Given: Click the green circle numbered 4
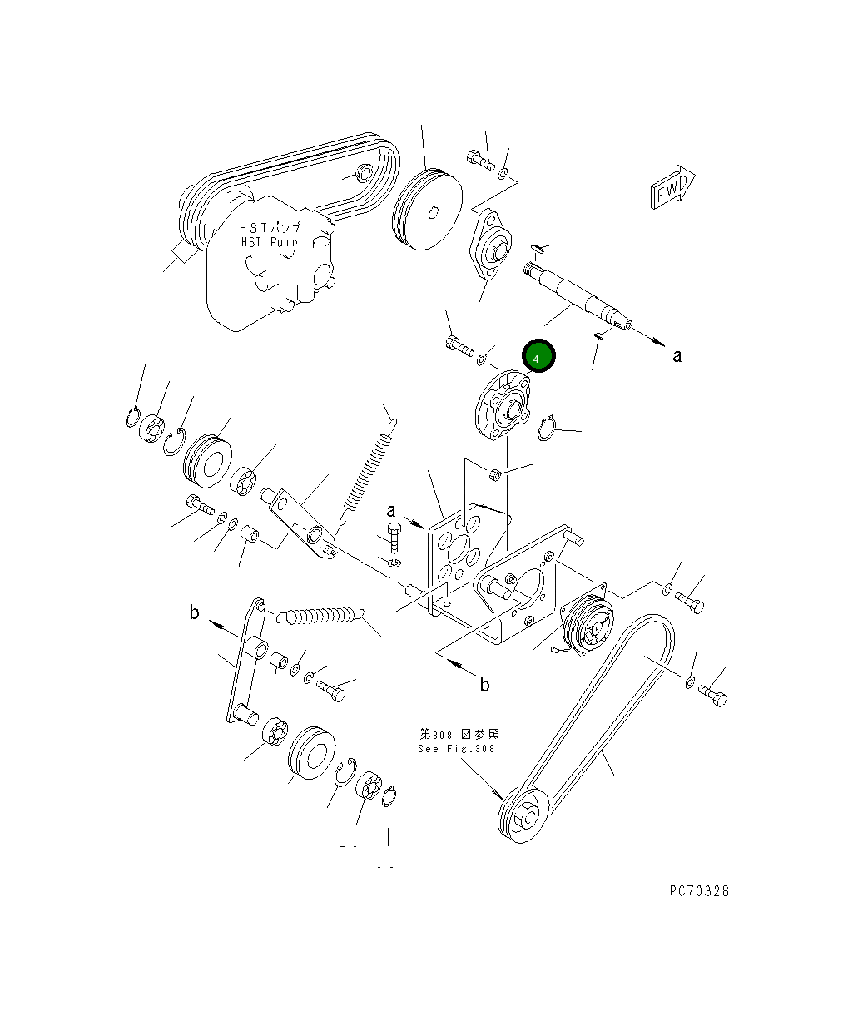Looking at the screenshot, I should click(x=538, y=357).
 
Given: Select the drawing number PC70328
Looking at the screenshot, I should click(x=699, y=890).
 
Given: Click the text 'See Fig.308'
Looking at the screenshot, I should click(x=456, y=748).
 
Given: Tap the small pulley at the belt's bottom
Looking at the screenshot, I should click(x=523, y=816).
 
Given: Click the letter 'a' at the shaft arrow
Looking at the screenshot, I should click(x=677, y=355).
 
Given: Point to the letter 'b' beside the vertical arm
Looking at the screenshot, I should click(x=194, y=613).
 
